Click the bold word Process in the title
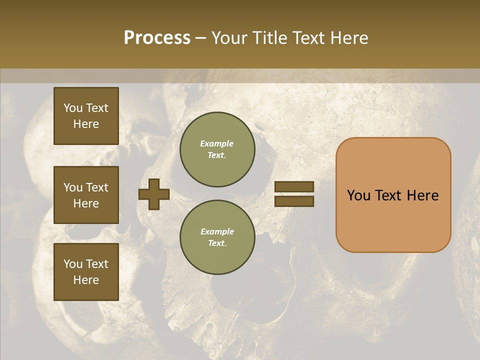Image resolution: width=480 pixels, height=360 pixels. (x=157, y=38)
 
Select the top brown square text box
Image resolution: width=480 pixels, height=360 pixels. (x=86, y=116)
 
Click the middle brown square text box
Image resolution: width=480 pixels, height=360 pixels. (x=86, y=195)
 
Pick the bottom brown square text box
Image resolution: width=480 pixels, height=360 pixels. (x=86, y=272)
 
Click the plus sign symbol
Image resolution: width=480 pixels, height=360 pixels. (x=154, y=194)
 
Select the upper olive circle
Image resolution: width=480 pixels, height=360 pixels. (x=217, y=149)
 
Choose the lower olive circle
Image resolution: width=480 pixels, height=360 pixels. (x=217, y=237)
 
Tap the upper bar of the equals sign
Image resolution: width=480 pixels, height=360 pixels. (x=294, y=186)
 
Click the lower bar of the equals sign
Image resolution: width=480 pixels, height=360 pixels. (x=294, y=201)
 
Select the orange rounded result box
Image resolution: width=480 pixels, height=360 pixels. (x=393, y=195)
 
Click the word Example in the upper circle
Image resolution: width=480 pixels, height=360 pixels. (x=217, y=143)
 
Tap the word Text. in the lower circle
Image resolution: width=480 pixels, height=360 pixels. (x=217, y=243)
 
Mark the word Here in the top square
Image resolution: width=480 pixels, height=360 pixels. (x=86, y=124)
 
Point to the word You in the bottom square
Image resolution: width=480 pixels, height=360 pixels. (x=73, y=264)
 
